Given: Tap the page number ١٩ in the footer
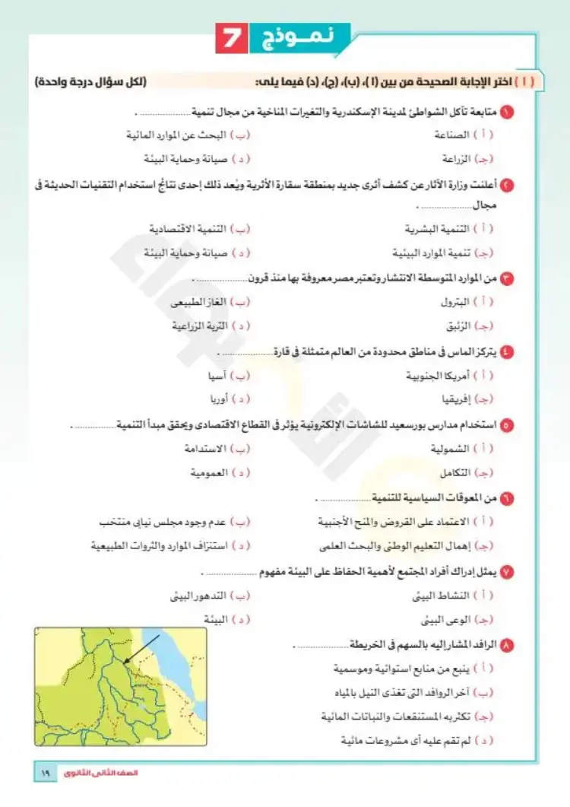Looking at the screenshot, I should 43,774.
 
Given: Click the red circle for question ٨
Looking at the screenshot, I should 508,645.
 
